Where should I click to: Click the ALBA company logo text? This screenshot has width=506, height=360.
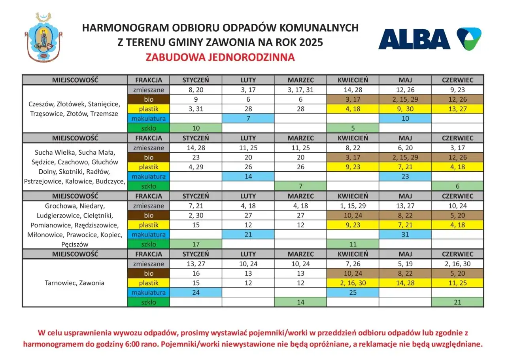coord(414,39)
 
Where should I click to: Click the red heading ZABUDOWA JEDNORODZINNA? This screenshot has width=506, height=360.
coord(220,57)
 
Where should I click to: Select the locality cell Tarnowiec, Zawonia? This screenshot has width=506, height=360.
coord(75,283)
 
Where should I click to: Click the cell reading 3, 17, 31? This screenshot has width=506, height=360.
coord(300,90)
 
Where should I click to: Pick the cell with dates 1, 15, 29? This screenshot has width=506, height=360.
coord(353,206)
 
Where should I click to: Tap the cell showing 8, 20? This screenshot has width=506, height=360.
coord(196,90)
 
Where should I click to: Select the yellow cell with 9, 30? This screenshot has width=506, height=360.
coord(405,109)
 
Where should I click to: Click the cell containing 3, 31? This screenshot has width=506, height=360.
coord(196,109)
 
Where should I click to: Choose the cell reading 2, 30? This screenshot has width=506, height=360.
coord(196,216)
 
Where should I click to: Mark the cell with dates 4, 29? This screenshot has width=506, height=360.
coord(196,167)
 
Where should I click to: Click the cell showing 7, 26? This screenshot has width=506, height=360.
coord(353,264)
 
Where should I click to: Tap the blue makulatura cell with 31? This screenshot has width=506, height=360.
coord(405,235)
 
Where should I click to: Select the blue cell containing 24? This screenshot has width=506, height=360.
coord(196,293)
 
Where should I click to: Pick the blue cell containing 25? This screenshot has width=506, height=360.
coord(353,293)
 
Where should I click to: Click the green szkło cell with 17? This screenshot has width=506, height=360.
coord(196,244)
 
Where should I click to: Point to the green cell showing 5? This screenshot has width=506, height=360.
coord(353,128)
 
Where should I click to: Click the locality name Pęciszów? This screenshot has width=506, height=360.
coord(75,244)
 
